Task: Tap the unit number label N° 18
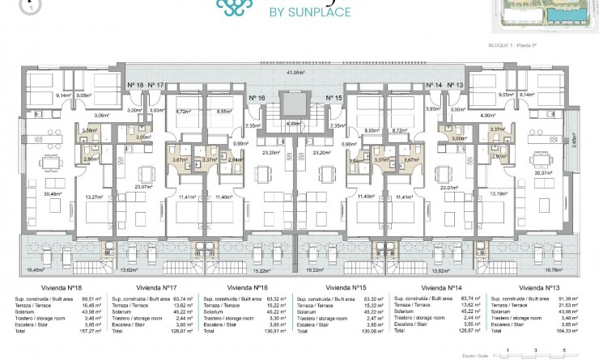(x=135, y=85)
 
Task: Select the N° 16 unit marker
(x=257, y=97)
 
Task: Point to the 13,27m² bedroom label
(x=95, y=196)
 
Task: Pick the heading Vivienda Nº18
(x=53, y=287)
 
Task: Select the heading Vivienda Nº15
(x=346, y=287)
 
